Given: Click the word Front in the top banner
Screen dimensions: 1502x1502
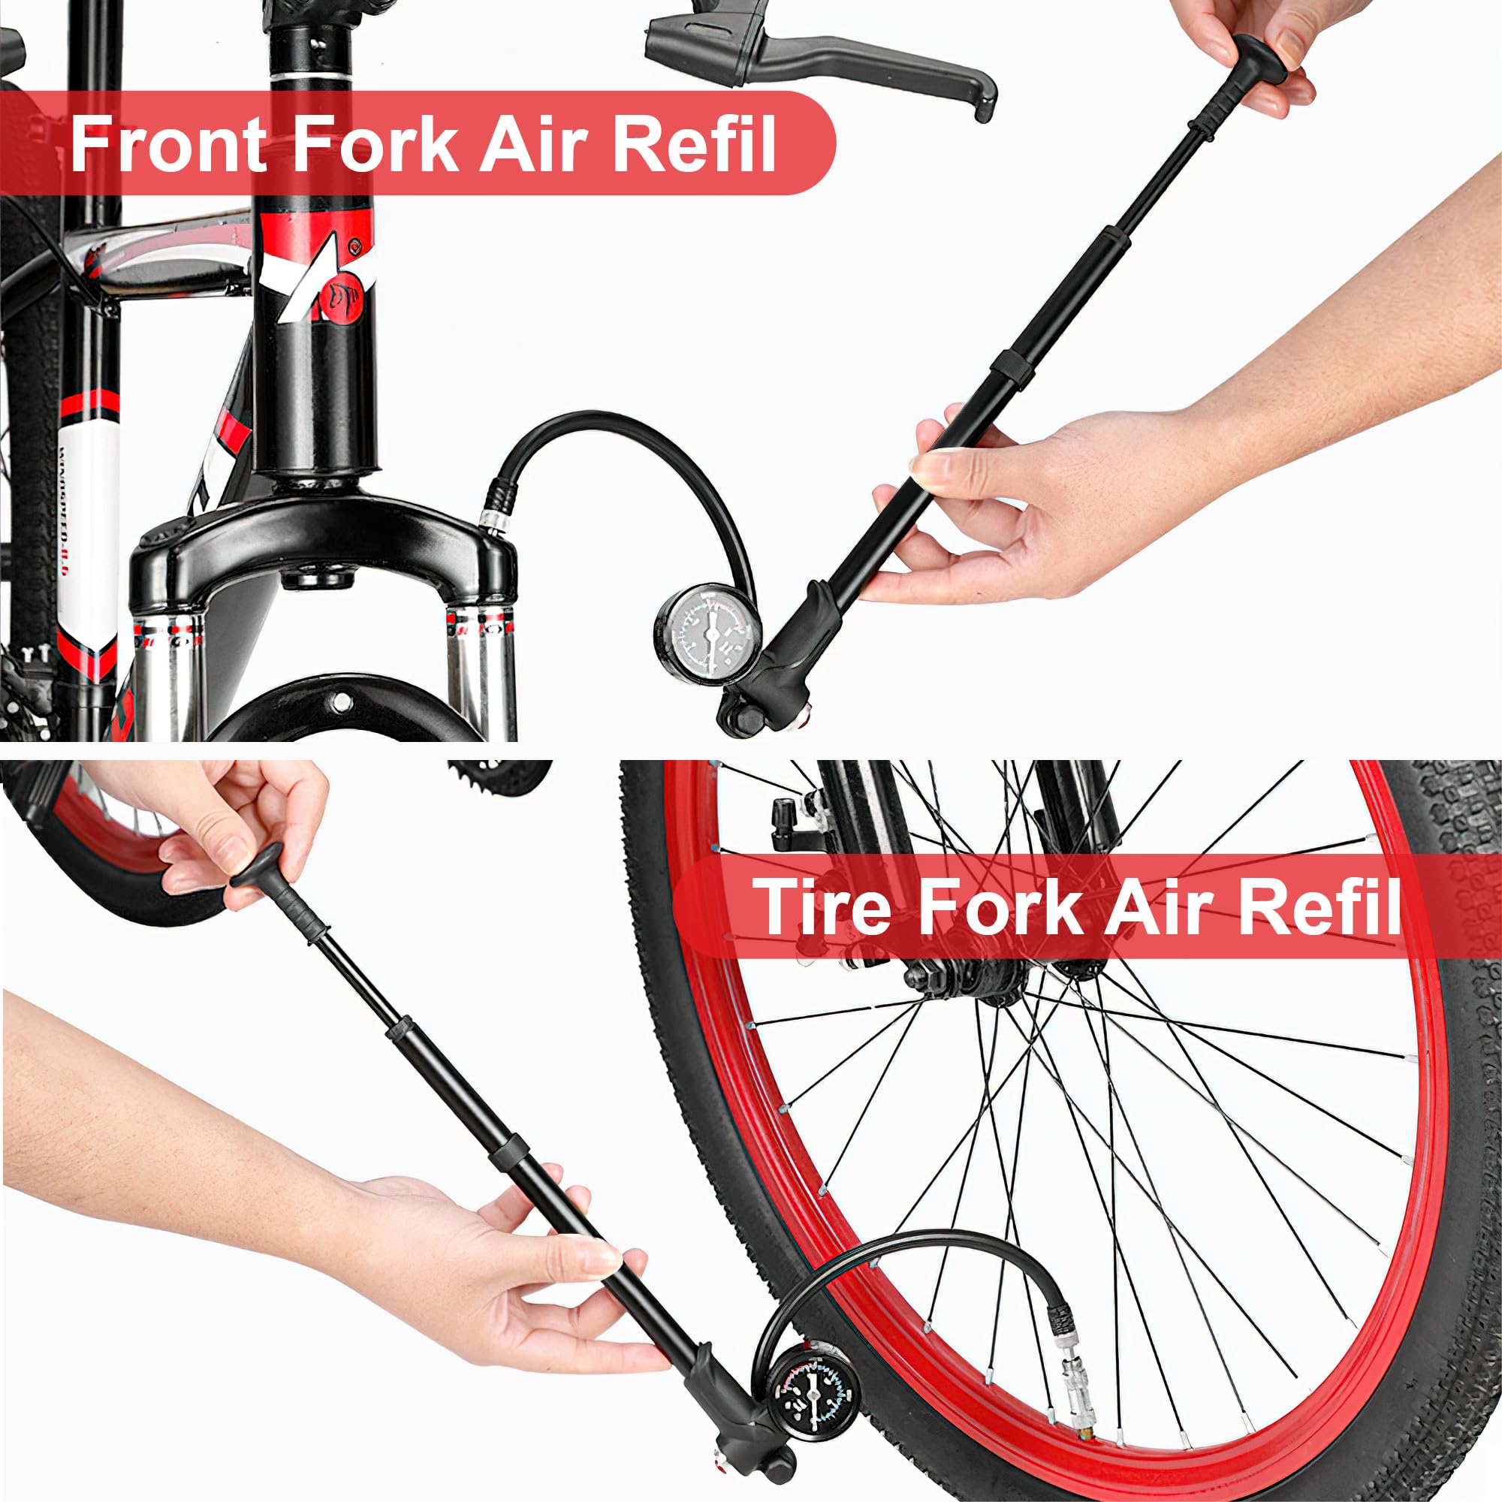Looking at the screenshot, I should [x=168, y=144].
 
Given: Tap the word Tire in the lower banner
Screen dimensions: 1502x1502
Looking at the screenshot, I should [x=825, y=906].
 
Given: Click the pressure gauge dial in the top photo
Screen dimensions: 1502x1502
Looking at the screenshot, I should [x=709, y=634].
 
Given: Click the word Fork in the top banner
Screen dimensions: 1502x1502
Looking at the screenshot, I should [x=375, y=144].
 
